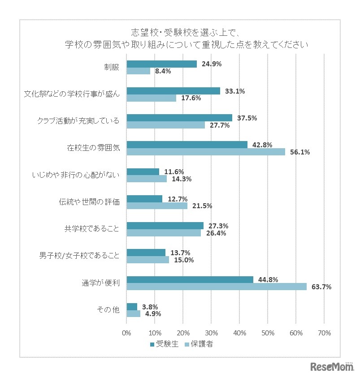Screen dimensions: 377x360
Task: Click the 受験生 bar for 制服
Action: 162,64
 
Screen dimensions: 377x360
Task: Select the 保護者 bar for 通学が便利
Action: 217,287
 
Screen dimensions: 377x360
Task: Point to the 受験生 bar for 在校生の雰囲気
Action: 187,145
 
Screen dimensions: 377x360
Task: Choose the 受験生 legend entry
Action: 165,344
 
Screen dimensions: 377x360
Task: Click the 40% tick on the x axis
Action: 239,333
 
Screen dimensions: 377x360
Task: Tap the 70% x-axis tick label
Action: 324,333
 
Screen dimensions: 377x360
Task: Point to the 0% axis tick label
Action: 127,333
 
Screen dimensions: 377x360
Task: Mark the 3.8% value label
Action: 149,306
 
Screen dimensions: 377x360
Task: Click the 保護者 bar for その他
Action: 134,313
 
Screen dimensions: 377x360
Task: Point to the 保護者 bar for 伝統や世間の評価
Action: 157,206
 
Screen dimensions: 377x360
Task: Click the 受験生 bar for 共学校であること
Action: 165,226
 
